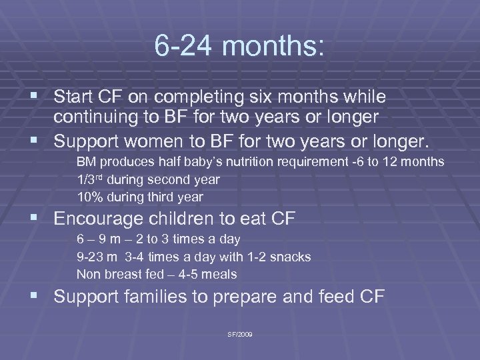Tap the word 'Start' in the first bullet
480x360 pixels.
[x=74, y=97]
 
